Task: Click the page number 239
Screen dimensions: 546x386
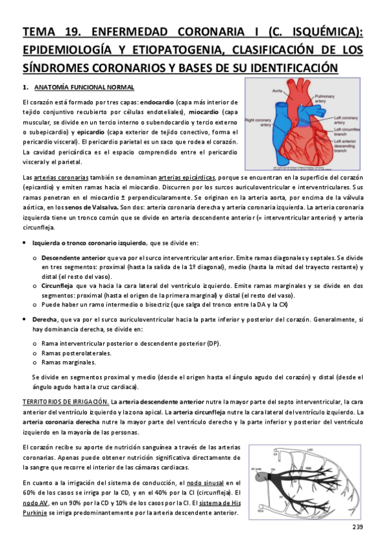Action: pyautogui.click(x=358, y=528)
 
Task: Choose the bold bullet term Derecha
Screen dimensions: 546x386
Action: pyautogui.click(x=43, y=319)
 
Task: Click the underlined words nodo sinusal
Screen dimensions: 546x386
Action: pyautogui.click(x=200, y=483)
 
